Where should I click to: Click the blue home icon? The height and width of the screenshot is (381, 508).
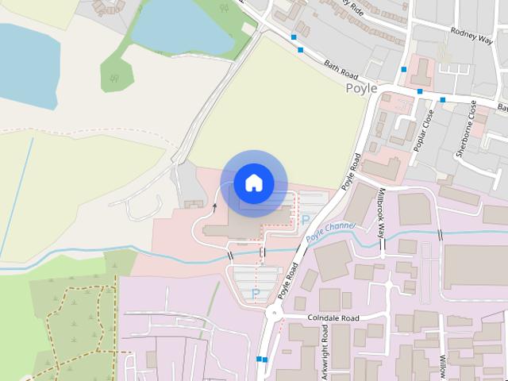coord(253,183)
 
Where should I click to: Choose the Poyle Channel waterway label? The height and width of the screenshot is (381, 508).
coord(331,230)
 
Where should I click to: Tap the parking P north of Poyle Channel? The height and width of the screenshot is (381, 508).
coord(305,219)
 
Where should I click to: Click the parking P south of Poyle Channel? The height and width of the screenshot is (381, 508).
coord(256,294)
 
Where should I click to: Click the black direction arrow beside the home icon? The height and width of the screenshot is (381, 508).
coord(214,208)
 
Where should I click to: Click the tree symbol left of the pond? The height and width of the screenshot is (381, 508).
coord(116,78)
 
